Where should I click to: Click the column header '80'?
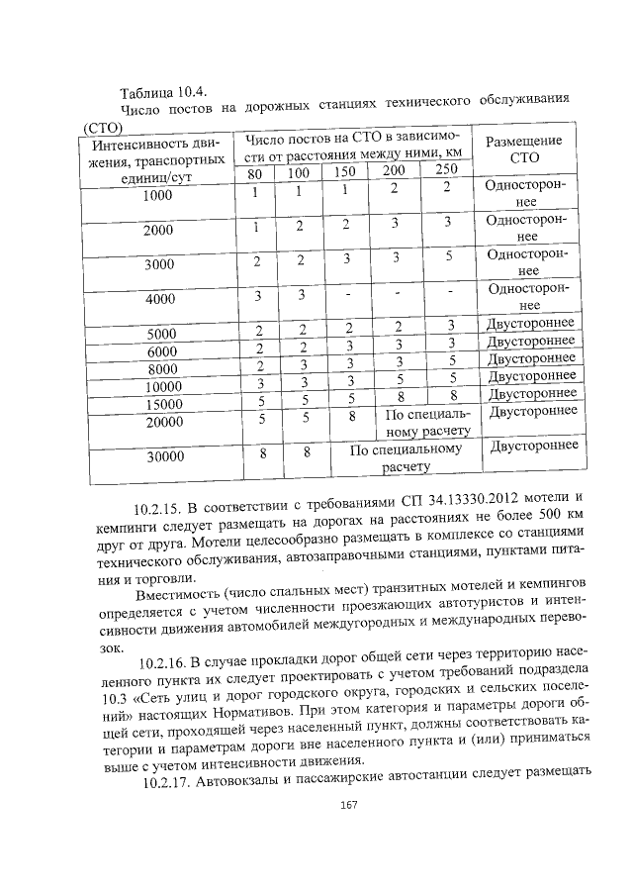[x=255, y=174]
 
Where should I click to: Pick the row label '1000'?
[x=157, y=195]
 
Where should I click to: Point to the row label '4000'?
[x=158, y=298]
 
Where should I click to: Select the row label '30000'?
[x=165, y=456]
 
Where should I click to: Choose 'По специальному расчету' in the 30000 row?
[x=407, y=456]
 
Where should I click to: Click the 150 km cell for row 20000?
[x=351, y=416]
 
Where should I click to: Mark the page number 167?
[x=347, y=804]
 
